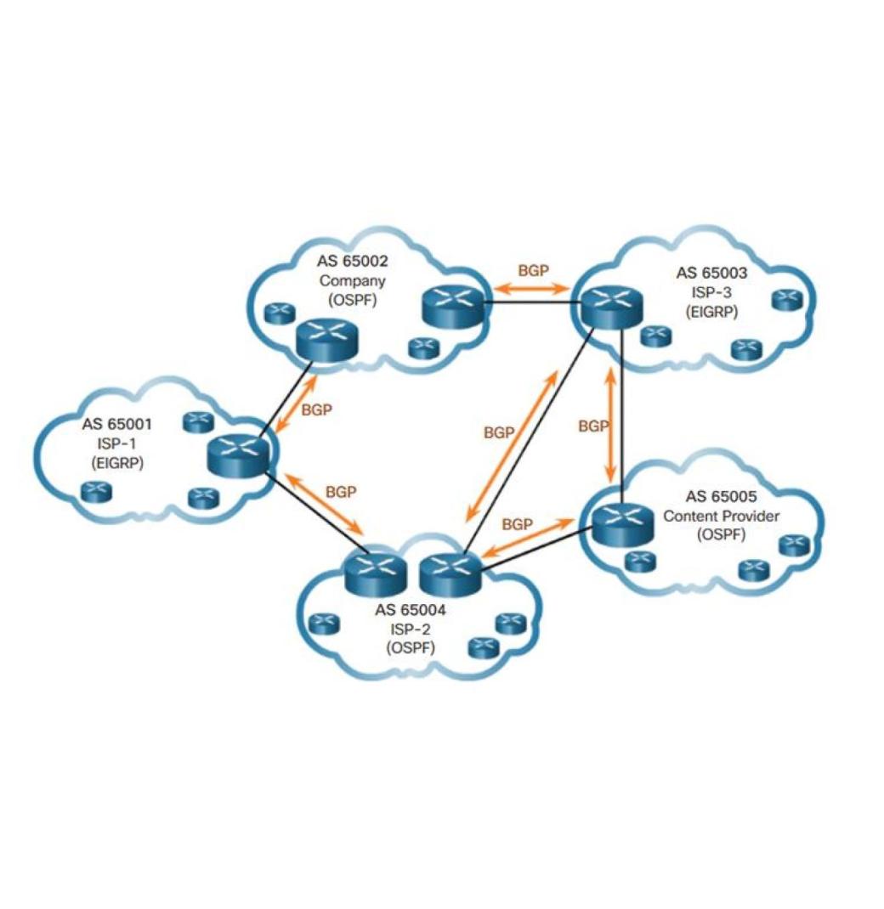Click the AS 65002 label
pos(352,261)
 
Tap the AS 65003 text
pos(711,273)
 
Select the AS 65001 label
pos(117,424)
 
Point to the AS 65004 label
pos(410,610)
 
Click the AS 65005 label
pos(721,496)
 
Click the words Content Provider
pos(721,516)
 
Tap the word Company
pos(352,281)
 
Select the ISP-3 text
pos(711,292)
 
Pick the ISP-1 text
pos(117,443)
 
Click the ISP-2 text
pos(410,630)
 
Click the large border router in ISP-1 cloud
pos(238,456)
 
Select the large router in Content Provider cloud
pos(622,525)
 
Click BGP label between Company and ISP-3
pos(533,270)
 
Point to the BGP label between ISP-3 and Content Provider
pos(592,426)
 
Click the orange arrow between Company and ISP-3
pos(531,287)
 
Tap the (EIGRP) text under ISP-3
pos(711,312)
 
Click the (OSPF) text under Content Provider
pos(721,534)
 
